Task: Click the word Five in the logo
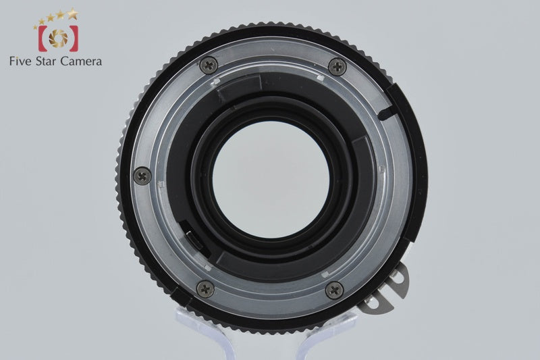pyautogui.click(x=20, y=61)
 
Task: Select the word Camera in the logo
pyautogui.click(x=81, y=61)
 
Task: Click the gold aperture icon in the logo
pyautogui.click(x=58, y=38)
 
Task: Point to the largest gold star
pyautogui.click(x=72, y=14)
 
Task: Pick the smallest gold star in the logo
pyautogui.click(x=35, y=27)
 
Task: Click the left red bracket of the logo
pyautogui.click(x=43, y=38)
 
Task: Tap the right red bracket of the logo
pyautogui.click(x=74, y=38)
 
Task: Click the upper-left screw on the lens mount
pyautogui.click(x=209, y=65)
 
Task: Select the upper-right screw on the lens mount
pyautogui.click(x=337, y=66)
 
